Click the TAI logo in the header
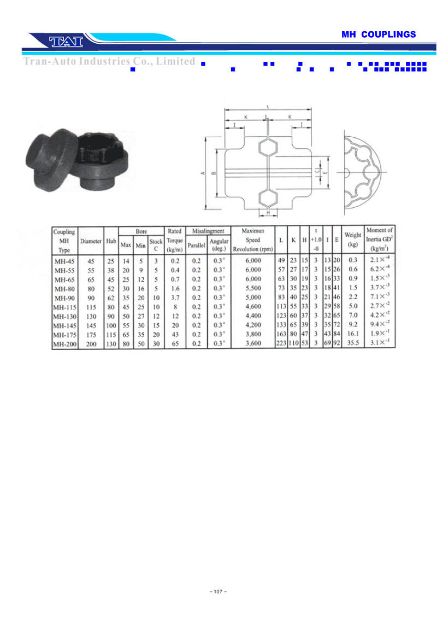66,42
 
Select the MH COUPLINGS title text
379,34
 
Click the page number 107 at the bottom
218,591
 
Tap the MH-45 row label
64,261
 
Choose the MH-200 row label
65,343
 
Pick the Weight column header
353,240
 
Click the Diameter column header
91,241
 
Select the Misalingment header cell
208,231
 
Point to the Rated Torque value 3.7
175,298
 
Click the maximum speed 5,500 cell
253,288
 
